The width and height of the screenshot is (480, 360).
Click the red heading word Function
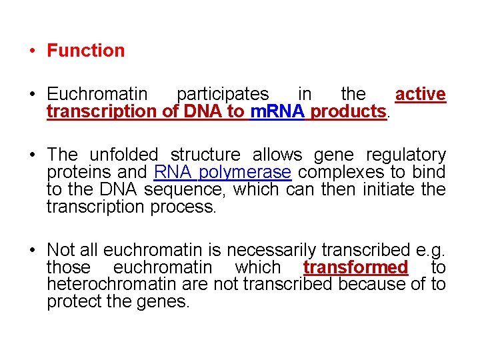(85, 51)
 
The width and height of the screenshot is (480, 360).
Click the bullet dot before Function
(31, 51)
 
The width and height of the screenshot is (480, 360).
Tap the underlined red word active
(420, 95)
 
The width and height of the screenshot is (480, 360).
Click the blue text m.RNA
(278, 111)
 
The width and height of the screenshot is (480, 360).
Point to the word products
(348, 111)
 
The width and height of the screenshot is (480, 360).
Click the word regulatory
(406, 155)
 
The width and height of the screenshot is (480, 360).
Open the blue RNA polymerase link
(222, 173)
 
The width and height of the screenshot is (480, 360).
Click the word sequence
(181, 190)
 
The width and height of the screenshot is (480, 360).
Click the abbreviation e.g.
(430, 251)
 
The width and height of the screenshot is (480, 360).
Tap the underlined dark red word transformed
(355, 268)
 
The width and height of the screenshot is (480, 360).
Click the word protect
(74, 302)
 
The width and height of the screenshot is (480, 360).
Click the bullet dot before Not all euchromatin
(31, 251)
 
